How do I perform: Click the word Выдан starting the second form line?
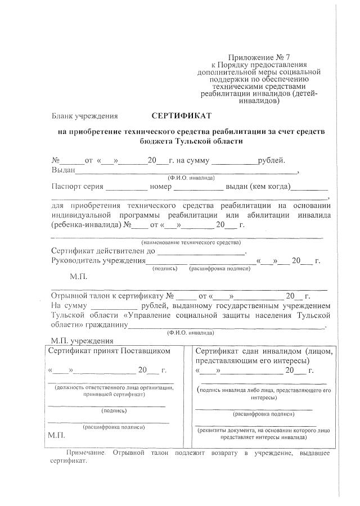64,170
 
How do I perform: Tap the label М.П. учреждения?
82,340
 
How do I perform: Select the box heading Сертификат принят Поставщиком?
109,351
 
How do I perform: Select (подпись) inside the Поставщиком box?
106,410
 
